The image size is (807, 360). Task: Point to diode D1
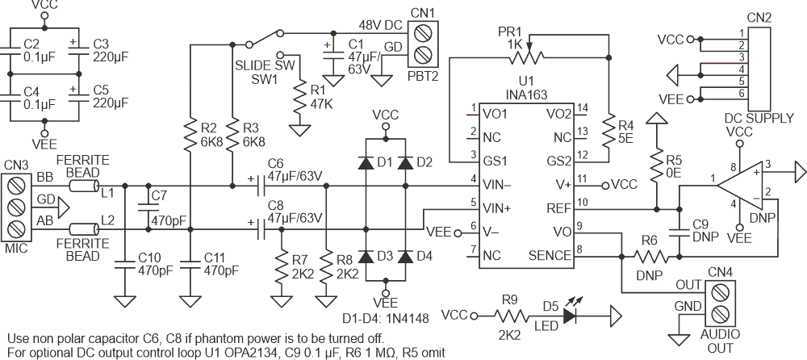(366, 162)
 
